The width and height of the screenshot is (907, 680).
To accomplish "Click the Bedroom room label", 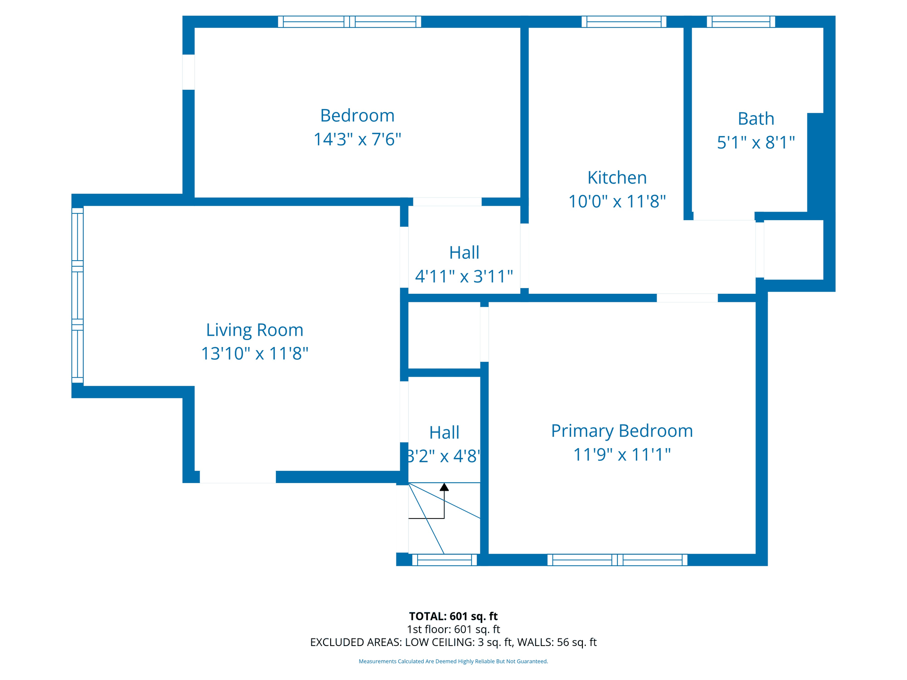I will pyautogui.click(x=357, y=116).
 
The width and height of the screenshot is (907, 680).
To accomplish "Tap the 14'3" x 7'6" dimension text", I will pyautogui.click(x=357, y=139).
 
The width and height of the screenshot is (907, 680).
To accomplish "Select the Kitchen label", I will pyautogui.click(x=617, y=178).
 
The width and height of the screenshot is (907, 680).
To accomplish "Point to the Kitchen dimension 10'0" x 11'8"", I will pyautogui.click(x=617, y=202).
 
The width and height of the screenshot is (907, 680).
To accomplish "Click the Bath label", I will pyautogui.click(x=756, y=119).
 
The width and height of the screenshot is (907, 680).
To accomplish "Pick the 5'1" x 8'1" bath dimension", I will pyautogui.click(x=756, y=142).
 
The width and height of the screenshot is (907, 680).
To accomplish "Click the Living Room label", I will pyautogui.click(x=255, y=330).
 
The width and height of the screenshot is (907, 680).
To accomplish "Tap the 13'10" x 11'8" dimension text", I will pyautogui.click(x=255, y=353).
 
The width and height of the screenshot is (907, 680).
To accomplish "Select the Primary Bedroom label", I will pyautogui.click(x=622, y=431).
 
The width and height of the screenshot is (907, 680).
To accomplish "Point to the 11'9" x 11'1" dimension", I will pyautogui.click(x=622, y=454).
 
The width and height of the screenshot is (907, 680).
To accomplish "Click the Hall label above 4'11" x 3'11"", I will pyautogui.click(x=464, y=253).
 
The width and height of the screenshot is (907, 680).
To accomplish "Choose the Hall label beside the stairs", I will pyautogui.click(x=444, y=433).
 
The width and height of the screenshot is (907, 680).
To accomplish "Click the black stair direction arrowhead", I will pyautogui.click(x=444, y=487).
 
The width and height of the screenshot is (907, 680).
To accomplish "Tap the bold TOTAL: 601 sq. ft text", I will pyautogui.click(x=453, y=616).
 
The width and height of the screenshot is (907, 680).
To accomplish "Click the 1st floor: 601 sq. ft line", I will pyautogui.click(x=453, y=629).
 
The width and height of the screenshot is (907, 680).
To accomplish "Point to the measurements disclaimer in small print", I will pyautogui.click(x=453, y=661).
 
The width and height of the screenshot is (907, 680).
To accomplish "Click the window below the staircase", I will pyautogui.click(x=445, y=560).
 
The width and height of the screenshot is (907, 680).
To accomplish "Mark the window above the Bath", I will pyautogui.click(x=741, y=22).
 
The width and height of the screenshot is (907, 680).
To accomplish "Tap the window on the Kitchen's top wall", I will pyautogui.click(x=624, y=22).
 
